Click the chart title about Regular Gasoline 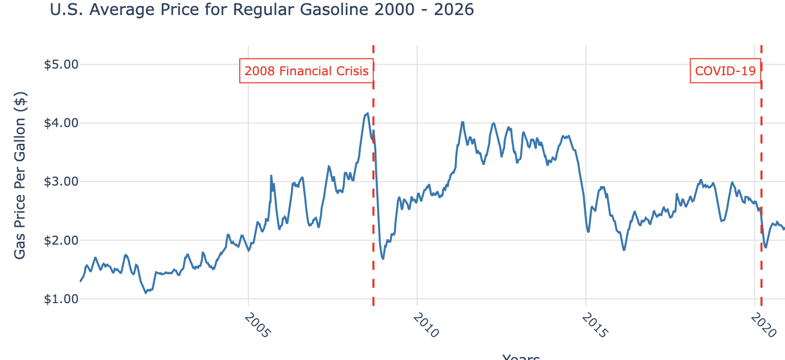[x=261, y=9]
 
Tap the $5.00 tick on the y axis [x=61, y=64]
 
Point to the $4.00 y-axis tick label [x=61, y=123]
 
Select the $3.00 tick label [x=61, y=182]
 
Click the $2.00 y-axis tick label [x=61, y=240]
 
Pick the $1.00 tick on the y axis [x=61, y=299]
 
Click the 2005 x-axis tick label [x=258, y=325]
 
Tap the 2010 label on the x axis [x=427, y=325]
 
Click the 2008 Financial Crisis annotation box [x=307, y=71]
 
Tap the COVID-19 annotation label [x=725, y=71]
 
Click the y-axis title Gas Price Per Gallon [x=20, y=176]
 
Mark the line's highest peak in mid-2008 [x=367, y=113]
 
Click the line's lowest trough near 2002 [x=146, y=292]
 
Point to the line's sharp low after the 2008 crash [x=382, y=259]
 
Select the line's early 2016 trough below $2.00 [x=624, y=250]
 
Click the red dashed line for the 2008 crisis [x=373, y=223]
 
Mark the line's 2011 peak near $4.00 [x=462, y=121]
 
